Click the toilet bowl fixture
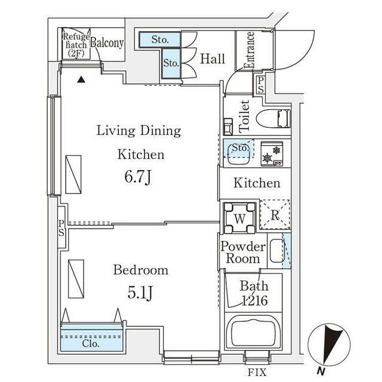coord(273,118)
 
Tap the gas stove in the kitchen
coord(272,154)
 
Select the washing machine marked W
coord(239,217)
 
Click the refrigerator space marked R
coord(275,214)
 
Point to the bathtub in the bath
coord(253,331)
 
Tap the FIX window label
coord(257,372)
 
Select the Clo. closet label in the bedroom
coord(91,344)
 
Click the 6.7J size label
coord(138,177)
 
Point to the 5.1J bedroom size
coord(140,292)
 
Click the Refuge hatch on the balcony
coord(76,44)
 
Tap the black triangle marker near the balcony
coord(81,79)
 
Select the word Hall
coord(212,59)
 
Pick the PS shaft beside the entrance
coord(260,85)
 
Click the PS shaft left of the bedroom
coord(61,227)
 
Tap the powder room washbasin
coord(277,251)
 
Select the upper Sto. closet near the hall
coord(160,39)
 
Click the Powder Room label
coord(243,252)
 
